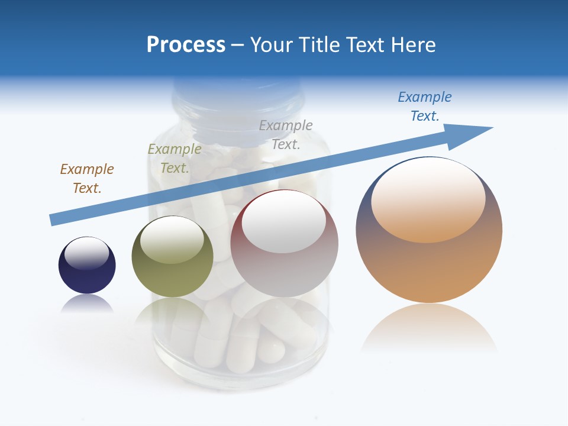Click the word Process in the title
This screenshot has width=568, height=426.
click(x=186, y=45)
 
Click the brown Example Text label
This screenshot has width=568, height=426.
click(x=87, y=179)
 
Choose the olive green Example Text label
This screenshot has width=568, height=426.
click(x=175, y=159)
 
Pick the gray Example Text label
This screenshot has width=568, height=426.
click(x=286, y=134)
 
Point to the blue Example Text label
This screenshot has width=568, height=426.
click(x=425, y=106)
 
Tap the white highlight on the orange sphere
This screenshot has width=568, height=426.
click(x=428, y=198)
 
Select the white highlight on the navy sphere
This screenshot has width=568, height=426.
click(x=86, y=253)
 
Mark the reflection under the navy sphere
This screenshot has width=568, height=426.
click(x=87, y=304)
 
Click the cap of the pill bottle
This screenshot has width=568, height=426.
click(x=237, y=98)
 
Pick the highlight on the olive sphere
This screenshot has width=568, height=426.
click(x=172, y=240)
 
